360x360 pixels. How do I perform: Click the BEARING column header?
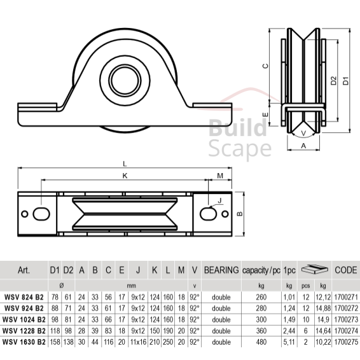click(x=221, y=270)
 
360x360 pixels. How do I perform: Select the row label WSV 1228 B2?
click(x=24, y=331)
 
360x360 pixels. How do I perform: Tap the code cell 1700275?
click(x=346, y=342)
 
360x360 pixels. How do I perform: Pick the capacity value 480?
click(x=261, y=342)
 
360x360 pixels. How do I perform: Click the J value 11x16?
click(x=138, y=342)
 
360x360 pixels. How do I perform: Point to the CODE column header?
click(x=346, y=270)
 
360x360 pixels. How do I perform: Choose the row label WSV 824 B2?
click(x=24, y=297)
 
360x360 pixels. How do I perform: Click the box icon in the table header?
click(x=315, y=269)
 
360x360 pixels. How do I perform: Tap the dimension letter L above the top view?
click(x=125, y=163)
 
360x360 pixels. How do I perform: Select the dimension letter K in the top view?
click(x=125, y=176)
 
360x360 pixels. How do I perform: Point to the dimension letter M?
click(x=220, y=176)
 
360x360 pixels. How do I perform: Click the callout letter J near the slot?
click(x=219, y=200)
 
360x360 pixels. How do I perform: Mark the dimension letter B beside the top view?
click(x=239, y=214)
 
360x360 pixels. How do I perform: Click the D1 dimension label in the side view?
click(x=345, y=81)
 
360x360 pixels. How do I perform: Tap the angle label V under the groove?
click(x=303, y=133)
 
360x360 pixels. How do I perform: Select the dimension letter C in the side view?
click(x=265, y=66)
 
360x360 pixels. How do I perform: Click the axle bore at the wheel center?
click(x=125, y=80)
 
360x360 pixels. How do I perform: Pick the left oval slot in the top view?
click(x=41, y=214)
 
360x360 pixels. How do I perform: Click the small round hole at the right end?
click(x=225, y=214)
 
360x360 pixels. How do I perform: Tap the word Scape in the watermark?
click(x=240, y=149)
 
